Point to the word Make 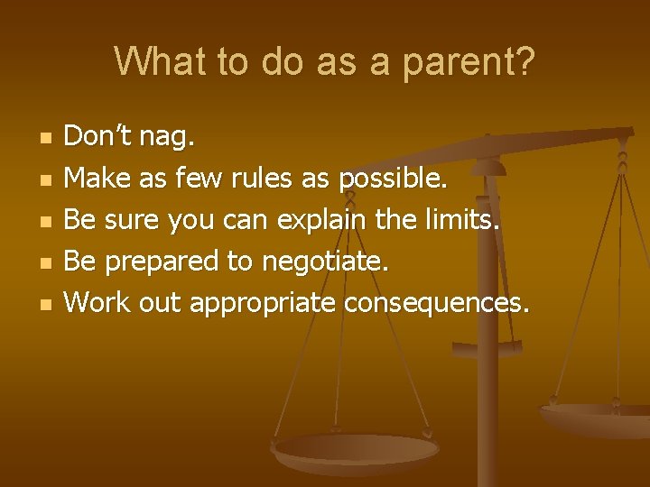[98, 178]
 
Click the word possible [393, 179]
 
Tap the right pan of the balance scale [596, 419]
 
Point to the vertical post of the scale [487, 397]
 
